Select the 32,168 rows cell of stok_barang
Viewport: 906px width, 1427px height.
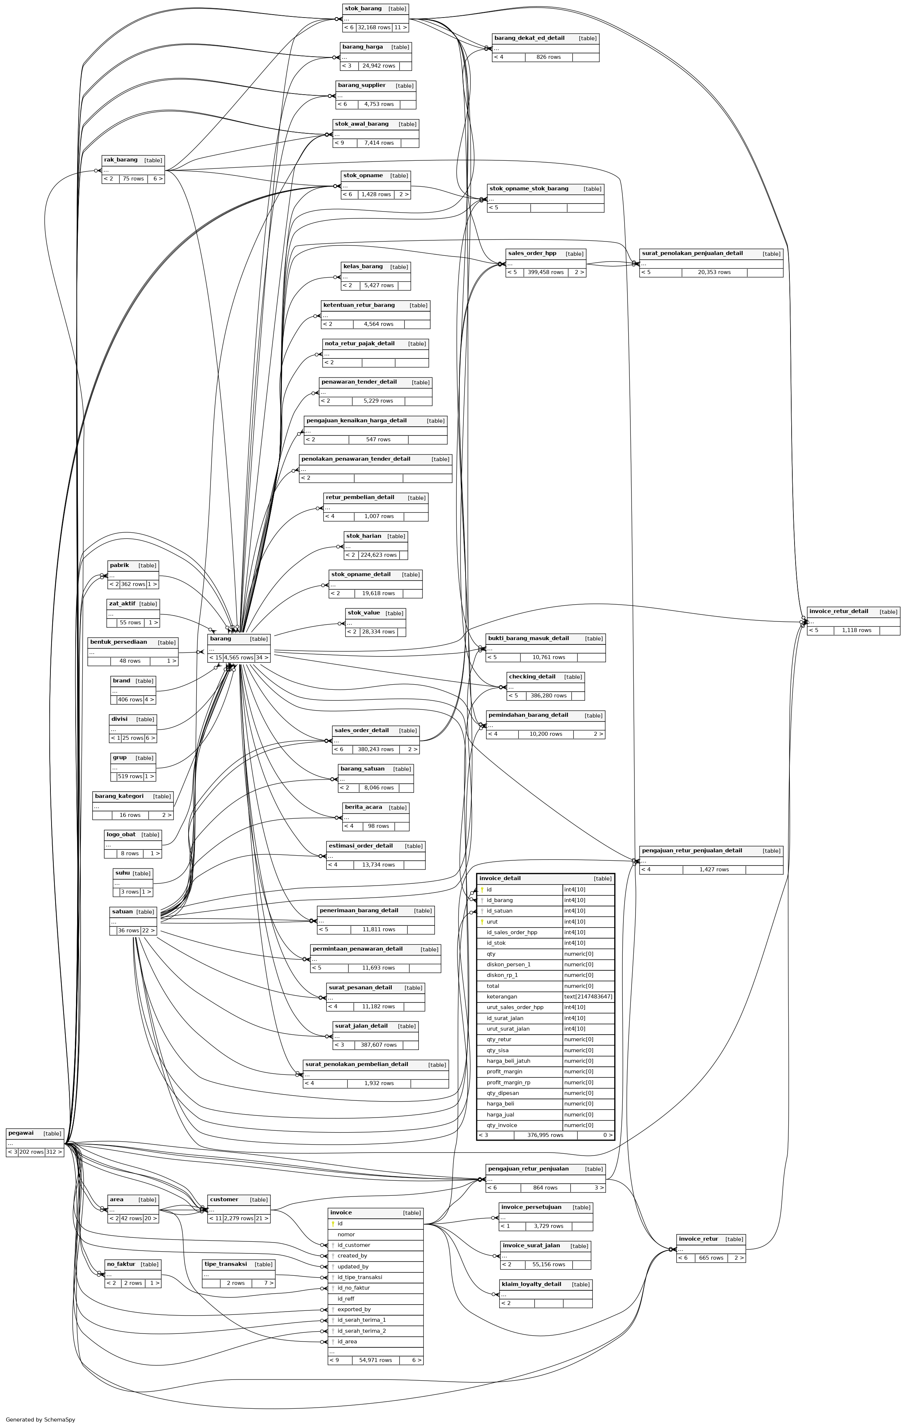[x=374, y=27]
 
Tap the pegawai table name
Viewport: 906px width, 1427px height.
[x=21, y=1133]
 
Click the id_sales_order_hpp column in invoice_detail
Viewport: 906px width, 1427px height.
[x=512, y=932]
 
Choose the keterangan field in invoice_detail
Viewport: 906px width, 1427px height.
[x=502, y=997]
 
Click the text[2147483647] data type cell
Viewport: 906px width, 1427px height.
[x=588, y=997]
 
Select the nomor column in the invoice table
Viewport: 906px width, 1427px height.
[x=346, y=1234]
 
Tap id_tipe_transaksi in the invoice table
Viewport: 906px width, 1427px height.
[x=359, y=1277]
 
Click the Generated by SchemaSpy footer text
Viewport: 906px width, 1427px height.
[x=40, y=1419]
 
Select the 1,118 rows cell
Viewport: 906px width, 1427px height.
[x=856, y=631]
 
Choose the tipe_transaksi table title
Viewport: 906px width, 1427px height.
[x=225, y=1264]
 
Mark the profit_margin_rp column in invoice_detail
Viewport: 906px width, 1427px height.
[x=508, y=1082]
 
